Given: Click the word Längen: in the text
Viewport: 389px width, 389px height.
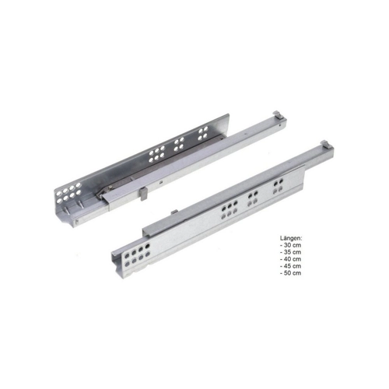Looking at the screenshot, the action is (x=291, y=238).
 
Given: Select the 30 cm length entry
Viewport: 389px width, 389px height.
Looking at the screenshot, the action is (x=290, y=245).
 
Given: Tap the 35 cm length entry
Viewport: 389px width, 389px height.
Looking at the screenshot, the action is (x=290, y=252).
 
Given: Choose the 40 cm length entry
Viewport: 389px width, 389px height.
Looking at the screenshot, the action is (x=290, y=259).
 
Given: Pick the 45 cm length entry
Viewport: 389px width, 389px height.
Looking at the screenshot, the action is (x=290, y=266).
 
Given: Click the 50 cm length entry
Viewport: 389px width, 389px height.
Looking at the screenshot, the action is (x=290, y=273).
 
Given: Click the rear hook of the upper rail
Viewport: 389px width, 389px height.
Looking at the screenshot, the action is (x=277, y=115).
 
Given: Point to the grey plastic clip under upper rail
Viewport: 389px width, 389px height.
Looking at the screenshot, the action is (x=142, y=194).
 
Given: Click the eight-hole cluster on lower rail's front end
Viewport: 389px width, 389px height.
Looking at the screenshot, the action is (x=138, y=255).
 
